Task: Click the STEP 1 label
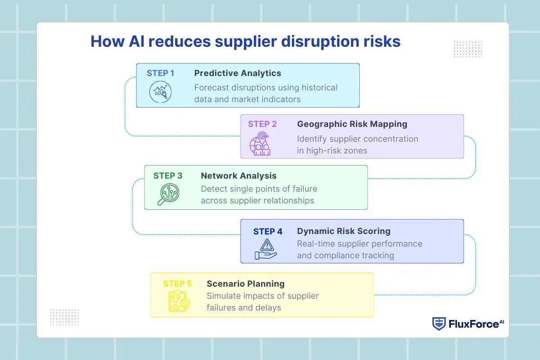pos(160,73)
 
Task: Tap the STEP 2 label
pos(262,124)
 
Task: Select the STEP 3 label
pos(168,175)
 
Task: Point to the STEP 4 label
pos(268,231)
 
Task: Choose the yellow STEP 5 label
pos(177,283)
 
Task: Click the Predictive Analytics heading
pos(238,73)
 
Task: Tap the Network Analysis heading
pos(238,175)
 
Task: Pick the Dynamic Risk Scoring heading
pos(343,231)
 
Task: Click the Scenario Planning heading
pos(245,283)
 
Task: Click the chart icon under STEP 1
pos(160,92)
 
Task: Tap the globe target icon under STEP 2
pos(261,144)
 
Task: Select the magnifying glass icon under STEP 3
pos(168,194)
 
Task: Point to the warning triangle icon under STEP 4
pos(266,249)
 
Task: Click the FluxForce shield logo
pos(439,324)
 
